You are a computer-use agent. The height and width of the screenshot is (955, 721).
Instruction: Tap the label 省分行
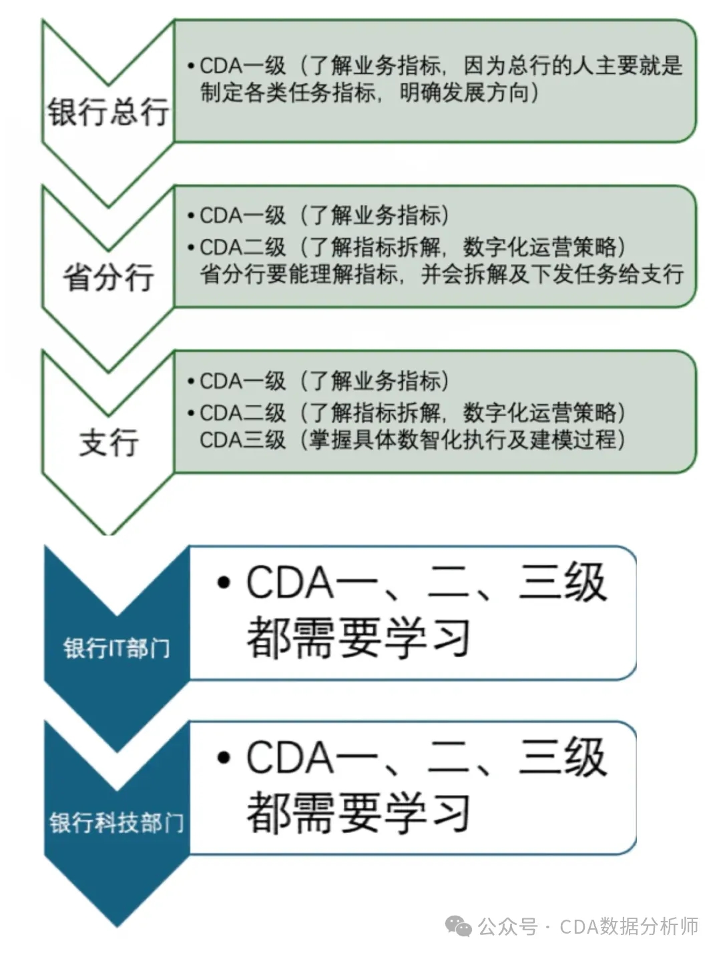(x=108, y=277)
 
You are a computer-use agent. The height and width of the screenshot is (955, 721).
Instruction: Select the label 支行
(x=109, y=442)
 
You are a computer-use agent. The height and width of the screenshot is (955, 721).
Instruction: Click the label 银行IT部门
(x=117, y=648)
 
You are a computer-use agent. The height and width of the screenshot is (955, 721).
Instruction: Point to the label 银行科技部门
(x=117, y=822)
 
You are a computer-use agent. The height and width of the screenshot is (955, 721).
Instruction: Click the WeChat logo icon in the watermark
(x=459, y=926)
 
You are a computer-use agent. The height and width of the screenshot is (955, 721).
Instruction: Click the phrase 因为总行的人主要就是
(x=572, y=65)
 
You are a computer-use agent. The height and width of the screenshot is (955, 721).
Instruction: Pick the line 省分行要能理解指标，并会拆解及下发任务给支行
(x=441, y=274)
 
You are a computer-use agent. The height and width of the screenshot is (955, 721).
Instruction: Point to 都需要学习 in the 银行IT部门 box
(x=359, y=638)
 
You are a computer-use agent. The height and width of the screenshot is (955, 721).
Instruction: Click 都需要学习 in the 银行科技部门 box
(x=359, y=812)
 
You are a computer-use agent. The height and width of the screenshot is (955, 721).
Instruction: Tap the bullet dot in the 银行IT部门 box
(x=224, y=583)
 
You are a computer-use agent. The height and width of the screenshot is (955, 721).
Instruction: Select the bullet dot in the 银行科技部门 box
(x=224, y=758)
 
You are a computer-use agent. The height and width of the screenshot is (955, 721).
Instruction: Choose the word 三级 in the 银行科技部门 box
(x=562, y=757)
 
